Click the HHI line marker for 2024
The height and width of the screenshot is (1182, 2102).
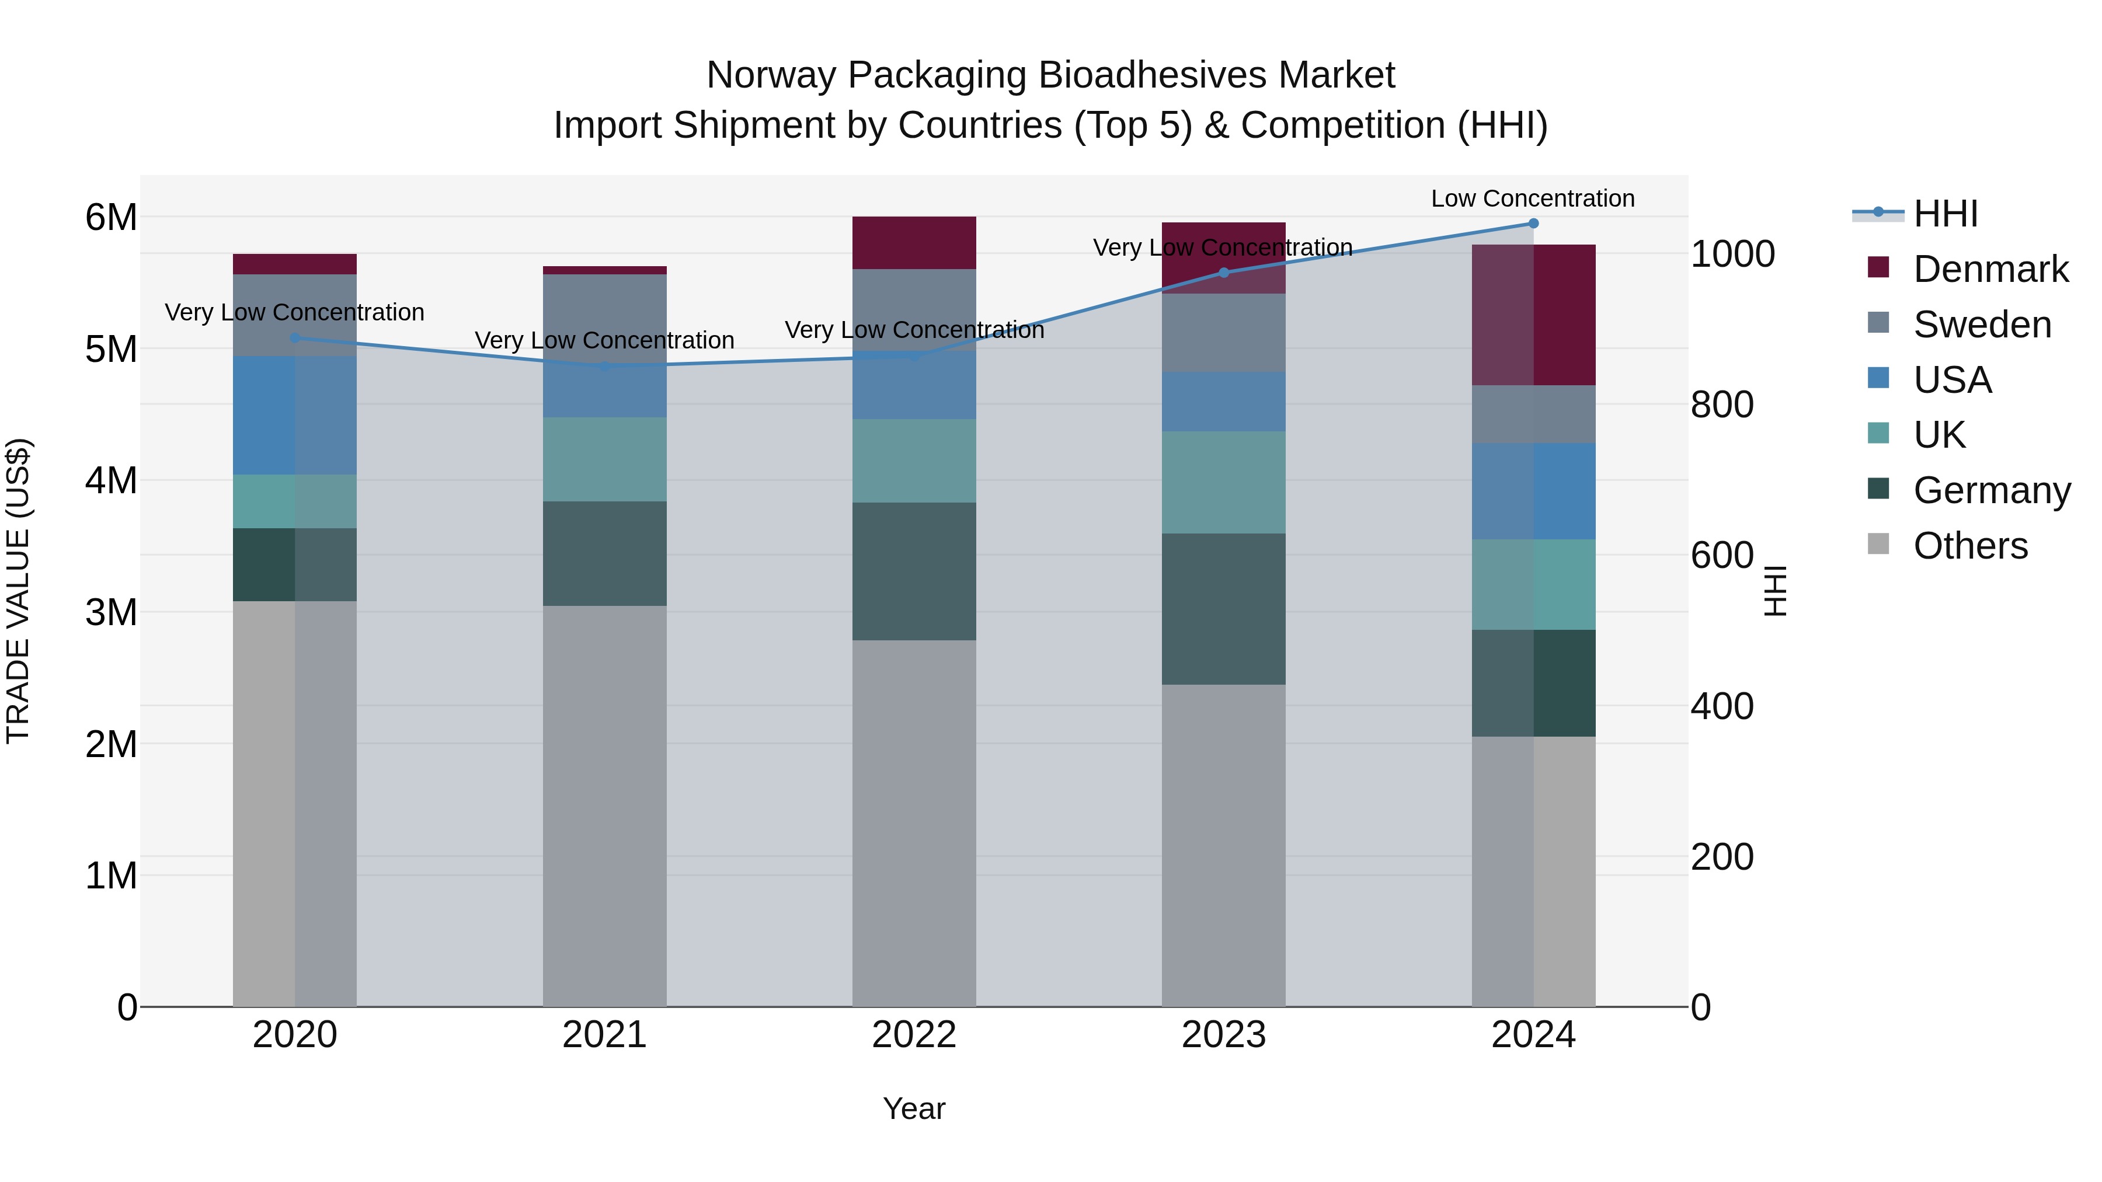[1533, 224]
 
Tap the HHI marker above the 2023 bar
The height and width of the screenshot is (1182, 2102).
[1223, 273]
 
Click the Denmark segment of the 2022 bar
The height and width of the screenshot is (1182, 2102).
[914, 242]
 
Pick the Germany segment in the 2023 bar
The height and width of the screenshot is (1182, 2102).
[1223, 609]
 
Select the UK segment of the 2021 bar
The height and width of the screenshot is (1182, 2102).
[605, 459]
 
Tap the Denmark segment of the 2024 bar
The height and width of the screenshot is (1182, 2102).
[1533, 315]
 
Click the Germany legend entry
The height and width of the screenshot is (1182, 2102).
[1991, 490]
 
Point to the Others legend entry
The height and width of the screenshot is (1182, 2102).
[1970, 546]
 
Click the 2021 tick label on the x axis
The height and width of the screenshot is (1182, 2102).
[605, 1035]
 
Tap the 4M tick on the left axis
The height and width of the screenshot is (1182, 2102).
[111, 480]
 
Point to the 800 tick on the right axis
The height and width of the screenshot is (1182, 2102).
[1722, 405]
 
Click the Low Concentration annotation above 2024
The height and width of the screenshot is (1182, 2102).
[1533, 198]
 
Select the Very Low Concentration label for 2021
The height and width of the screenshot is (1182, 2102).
[605, 340]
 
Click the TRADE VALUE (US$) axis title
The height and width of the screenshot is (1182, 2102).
[18, 591]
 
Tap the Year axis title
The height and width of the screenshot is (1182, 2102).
[914, 1108]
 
